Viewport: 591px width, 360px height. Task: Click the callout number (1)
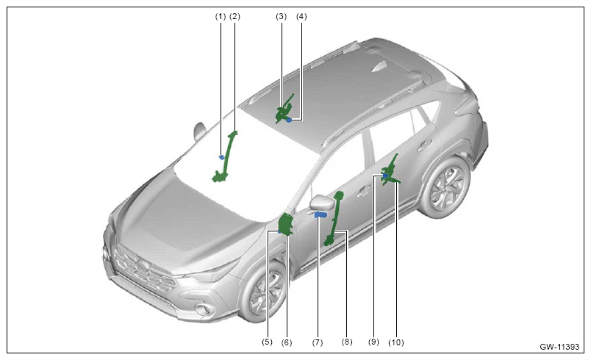coord(220,17)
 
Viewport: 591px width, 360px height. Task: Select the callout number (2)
coord(234,17)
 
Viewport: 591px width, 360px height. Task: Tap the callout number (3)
coord(282,17)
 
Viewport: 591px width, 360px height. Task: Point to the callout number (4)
coord(301,17)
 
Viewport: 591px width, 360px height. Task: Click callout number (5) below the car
coord(267,342)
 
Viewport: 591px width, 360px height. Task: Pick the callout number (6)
coord(287,342)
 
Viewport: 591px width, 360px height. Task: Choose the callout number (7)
coord(318,342)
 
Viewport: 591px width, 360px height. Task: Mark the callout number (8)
coord(347,342)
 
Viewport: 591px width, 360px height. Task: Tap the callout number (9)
coord(373,342)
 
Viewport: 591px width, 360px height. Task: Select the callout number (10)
coord(396,342)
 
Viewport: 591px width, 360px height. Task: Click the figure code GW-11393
coord(559,347)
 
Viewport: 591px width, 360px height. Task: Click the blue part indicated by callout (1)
coord(222,157)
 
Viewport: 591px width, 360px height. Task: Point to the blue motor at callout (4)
coord(289,120)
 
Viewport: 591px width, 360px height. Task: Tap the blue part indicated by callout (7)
coord(320,215)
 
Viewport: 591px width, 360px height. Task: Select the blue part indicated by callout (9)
coord(386,176)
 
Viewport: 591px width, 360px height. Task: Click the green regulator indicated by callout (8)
coord(335,219)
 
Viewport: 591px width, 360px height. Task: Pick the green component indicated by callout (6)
coord(286,224)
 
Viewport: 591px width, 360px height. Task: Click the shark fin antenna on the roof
coord(379,67)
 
